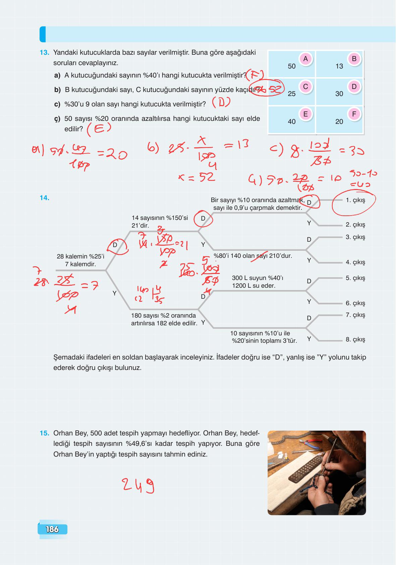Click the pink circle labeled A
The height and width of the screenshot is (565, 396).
[x=305, y=59]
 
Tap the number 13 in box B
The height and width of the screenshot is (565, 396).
[x=339, y=66]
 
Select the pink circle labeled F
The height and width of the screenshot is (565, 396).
[x=354, y=114]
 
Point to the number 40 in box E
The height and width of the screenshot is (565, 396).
[x=292, y=122]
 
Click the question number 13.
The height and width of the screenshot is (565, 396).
[x=45, y=53]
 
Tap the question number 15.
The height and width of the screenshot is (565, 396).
[x=45, y=433]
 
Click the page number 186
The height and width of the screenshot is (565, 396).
[x=52, y=529]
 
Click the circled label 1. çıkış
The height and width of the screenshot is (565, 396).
[x=355, y=200]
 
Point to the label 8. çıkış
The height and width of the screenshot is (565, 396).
[x=355, y=339]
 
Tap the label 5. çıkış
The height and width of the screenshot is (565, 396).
[x=355, y=278]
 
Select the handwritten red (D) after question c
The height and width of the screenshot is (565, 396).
[x=221, y=103]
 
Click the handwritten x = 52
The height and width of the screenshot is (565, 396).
[x=197, y=177]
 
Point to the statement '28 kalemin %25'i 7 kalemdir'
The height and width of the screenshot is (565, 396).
[x=80, y=260]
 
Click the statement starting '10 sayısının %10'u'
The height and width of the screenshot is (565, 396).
[x=264, y=337]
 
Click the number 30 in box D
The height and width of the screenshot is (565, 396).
[x=339, y=94]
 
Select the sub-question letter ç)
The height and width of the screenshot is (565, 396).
[x=57, y=119]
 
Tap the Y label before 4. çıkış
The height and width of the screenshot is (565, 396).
[x=309, y=260]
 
